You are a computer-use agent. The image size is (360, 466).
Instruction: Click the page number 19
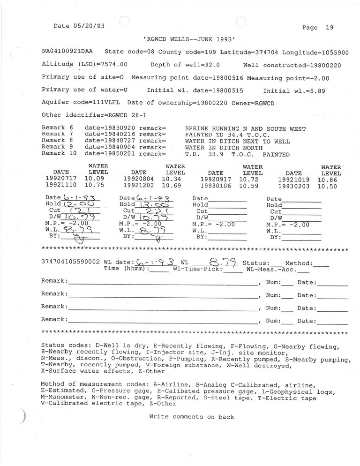click(x=329, y=28)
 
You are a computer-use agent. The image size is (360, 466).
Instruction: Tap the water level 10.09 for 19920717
click(x=94, y=179)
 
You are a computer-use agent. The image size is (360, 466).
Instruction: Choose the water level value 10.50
click(x=327, y=186)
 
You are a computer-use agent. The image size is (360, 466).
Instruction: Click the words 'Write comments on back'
click(x=191, y=417)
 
